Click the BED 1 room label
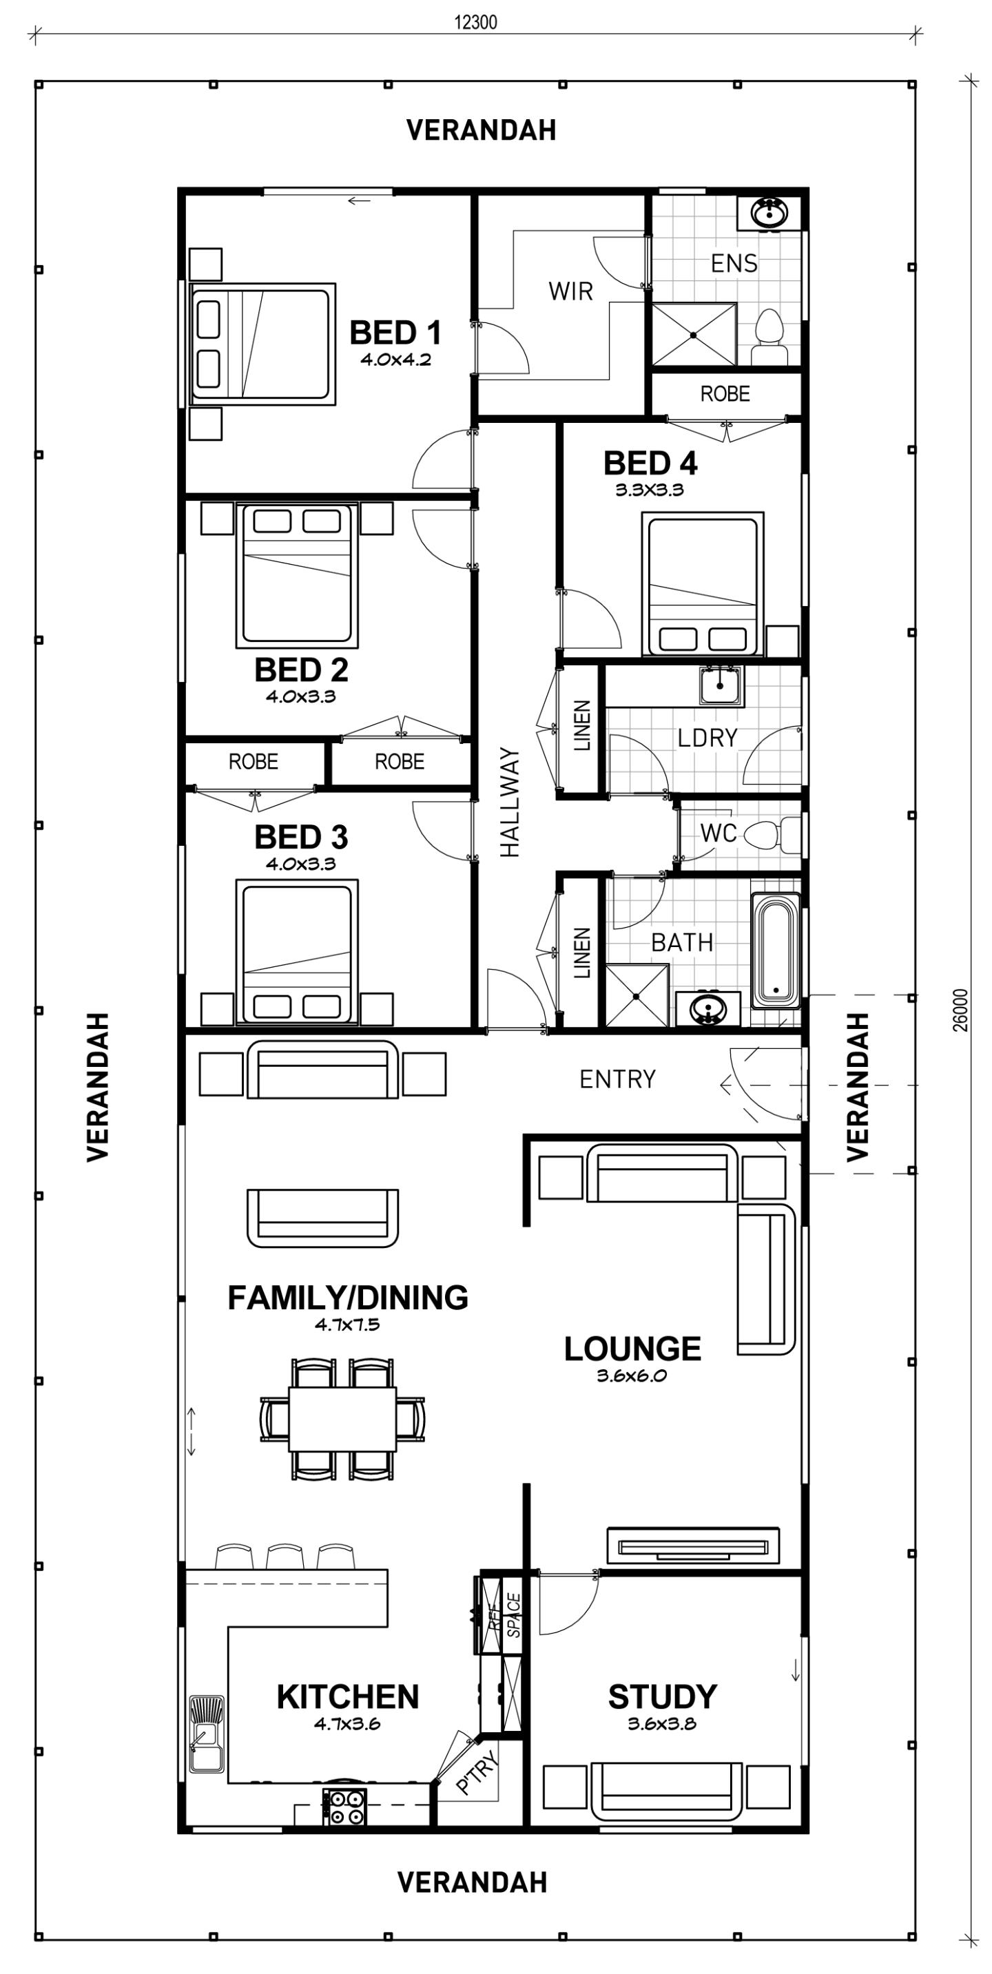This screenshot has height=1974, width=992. [395, 333]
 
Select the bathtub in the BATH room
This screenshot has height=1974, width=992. [776, 950]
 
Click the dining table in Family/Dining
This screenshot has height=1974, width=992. [342, 1418]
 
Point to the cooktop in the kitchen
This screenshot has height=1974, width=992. [344, 1806]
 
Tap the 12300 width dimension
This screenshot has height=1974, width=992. [475, 21]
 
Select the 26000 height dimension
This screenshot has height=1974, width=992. [961, 1010]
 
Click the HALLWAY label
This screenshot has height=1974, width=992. [510, 802]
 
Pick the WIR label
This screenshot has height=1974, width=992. [570, 291]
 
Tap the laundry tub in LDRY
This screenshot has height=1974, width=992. [721, 685]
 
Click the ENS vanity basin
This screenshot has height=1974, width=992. [768, 212]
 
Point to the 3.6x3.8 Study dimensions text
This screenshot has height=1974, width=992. [661, 1724]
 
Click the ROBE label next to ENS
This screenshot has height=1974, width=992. [725, 394]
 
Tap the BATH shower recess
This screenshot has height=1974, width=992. [637, 995]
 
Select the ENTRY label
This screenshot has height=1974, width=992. [617, 1079]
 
